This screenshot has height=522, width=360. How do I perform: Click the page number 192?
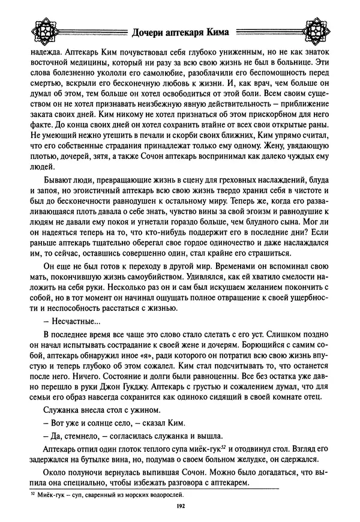(180, 508)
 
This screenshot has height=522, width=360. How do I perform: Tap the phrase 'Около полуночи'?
(73, 472)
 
